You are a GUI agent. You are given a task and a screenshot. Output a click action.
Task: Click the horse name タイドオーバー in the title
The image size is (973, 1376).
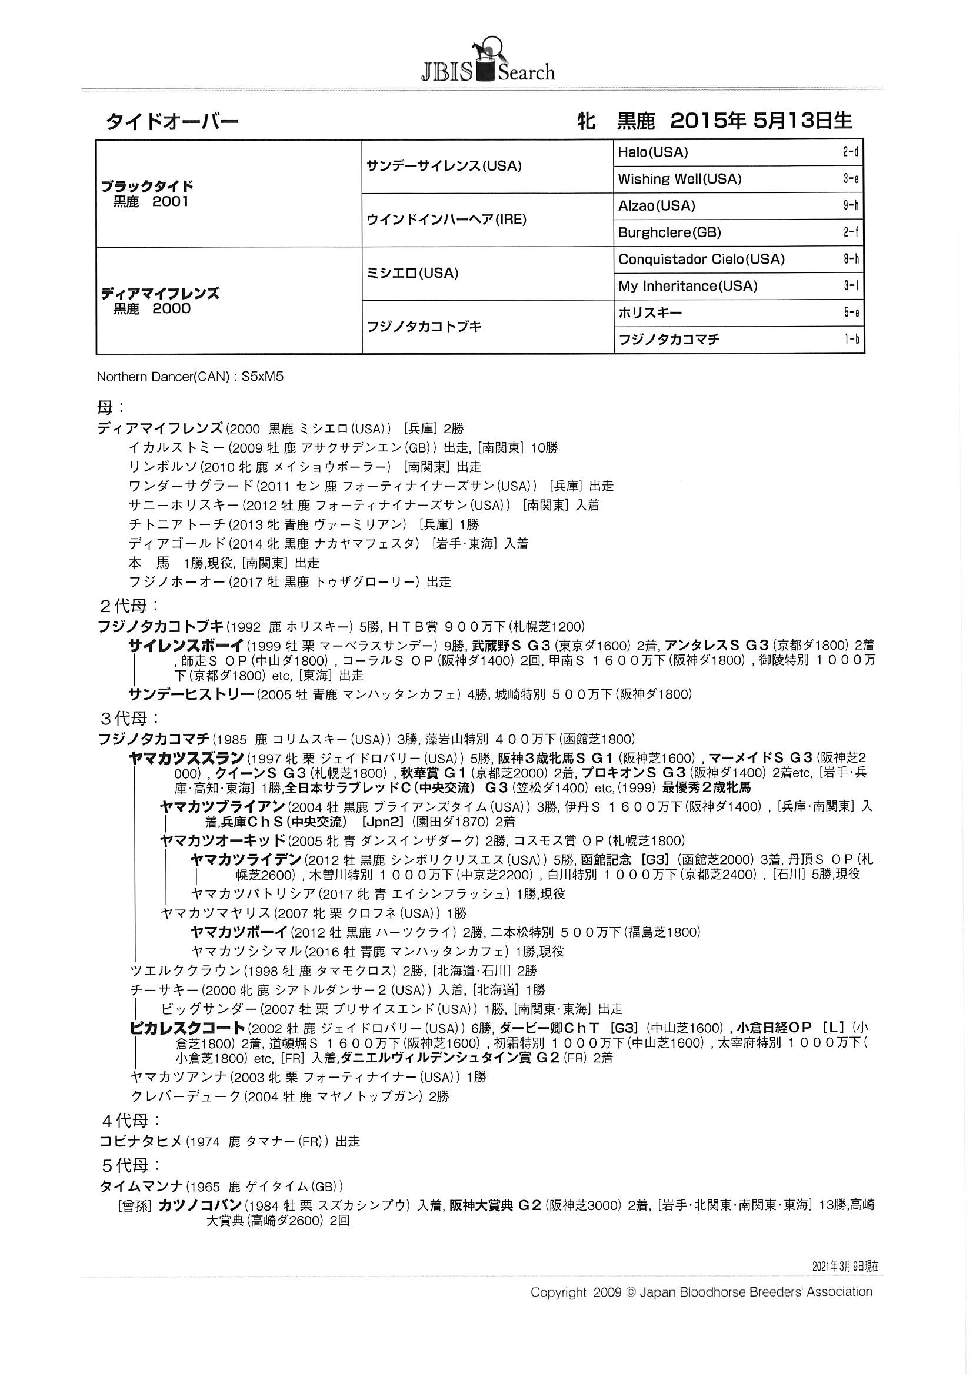coord(172,122)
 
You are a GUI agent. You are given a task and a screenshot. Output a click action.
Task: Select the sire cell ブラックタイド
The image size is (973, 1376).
coord(147,186)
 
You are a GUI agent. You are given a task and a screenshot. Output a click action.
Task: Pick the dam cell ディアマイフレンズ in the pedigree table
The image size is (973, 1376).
coord(160,294)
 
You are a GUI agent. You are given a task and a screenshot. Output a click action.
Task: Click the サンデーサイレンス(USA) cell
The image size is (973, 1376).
coord(444,166)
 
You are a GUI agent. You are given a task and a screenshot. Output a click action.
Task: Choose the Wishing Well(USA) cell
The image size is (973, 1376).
coord(679,179)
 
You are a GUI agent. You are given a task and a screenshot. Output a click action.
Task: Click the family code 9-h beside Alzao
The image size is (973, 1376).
coord(850,206)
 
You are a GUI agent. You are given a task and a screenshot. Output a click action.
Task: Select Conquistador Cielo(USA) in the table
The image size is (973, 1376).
coord(701,260)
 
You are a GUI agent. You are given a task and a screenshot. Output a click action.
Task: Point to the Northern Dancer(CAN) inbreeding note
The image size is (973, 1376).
coord(189,377)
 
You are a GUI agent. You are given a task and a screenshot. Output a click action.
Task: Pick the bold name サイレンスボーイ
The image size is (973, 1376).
coord(185,645)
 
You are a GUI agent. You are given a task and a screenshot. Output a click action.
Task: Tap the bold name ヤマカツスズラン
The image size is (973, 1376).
coord(186,757)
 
